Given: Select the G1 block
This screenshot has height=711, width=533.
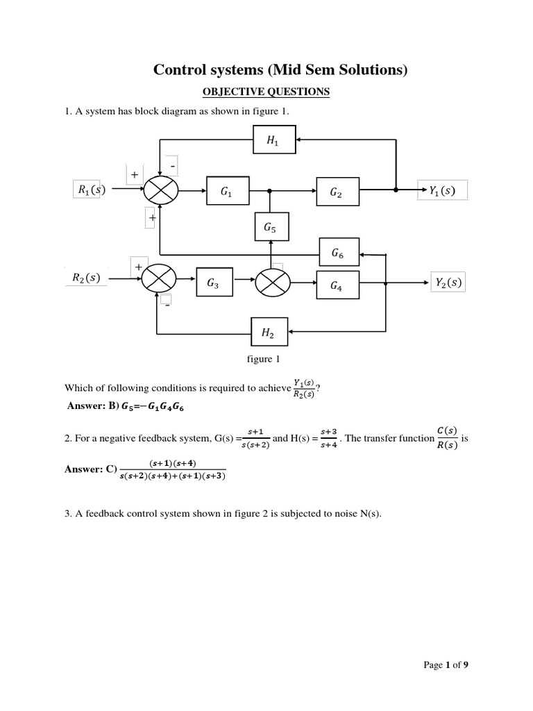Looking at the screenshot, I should (227, 191).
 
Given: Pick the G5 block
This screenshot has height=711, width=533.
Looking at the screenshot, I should (271, 226).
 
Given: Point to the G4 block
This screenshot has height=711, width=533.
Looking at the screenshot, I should (337, 284).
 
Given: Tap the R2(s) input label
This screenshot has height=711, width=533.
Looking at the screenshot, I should (86, 278).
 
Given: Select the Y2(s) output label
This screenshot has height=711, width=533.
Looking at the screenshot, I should (447, 282).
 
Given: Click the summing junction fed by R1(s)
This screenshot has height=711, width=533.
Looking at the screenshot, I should (160, 189).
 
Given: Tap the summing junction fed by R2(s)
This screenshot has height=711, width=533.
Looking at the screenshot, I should (160, 281).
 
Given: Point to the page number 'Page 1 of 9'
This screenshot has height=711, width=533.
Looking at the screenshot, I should (446, 665).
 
